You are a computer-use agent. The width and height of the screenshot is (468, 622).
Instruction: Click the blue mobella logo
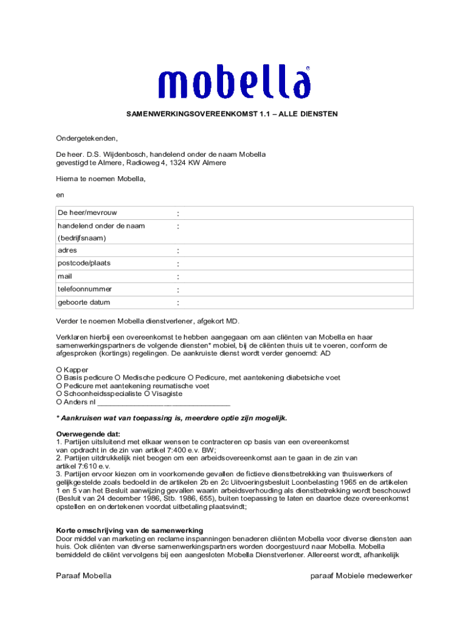[x=234, y=83]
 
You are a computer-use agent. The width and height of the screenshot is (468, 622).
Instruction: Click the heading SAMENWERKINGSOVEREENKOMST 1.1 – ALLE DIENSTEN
[x=232, y=114]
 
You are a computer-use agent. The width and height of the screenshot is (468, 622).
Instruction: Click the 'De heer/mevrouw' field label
[x=88, y=213]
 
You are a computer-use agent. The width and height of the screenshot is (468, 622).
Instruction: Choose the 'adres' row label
[x=67, y=250]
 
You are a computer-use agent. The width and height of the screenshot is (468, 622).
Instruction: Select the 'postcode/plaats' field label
[x=84, y=263]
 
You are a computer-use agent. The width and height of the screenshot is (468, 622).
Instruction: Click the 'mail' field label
[x=65, y=276]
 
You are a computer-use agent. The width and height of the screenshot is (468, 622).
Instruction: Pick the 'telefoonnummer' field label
[x=84, y=289]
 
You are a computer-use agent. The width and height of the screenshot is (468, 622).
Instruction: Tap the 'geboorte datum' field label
[x=84, y=302]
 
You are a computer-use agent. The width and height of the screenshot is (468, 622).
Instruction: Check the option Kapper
[x=59, y=369]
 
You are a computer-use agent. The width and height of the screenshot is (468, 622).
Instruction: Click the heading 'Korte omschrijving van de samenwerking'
[x=129, y=530]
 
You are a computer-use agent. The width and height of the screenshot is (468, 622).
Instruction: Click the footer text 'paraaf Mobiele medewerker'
[x=361, y=575]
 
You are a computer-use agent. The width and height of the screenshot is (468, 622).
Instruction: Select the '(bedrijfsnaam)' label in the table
[x=81, y=238]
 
